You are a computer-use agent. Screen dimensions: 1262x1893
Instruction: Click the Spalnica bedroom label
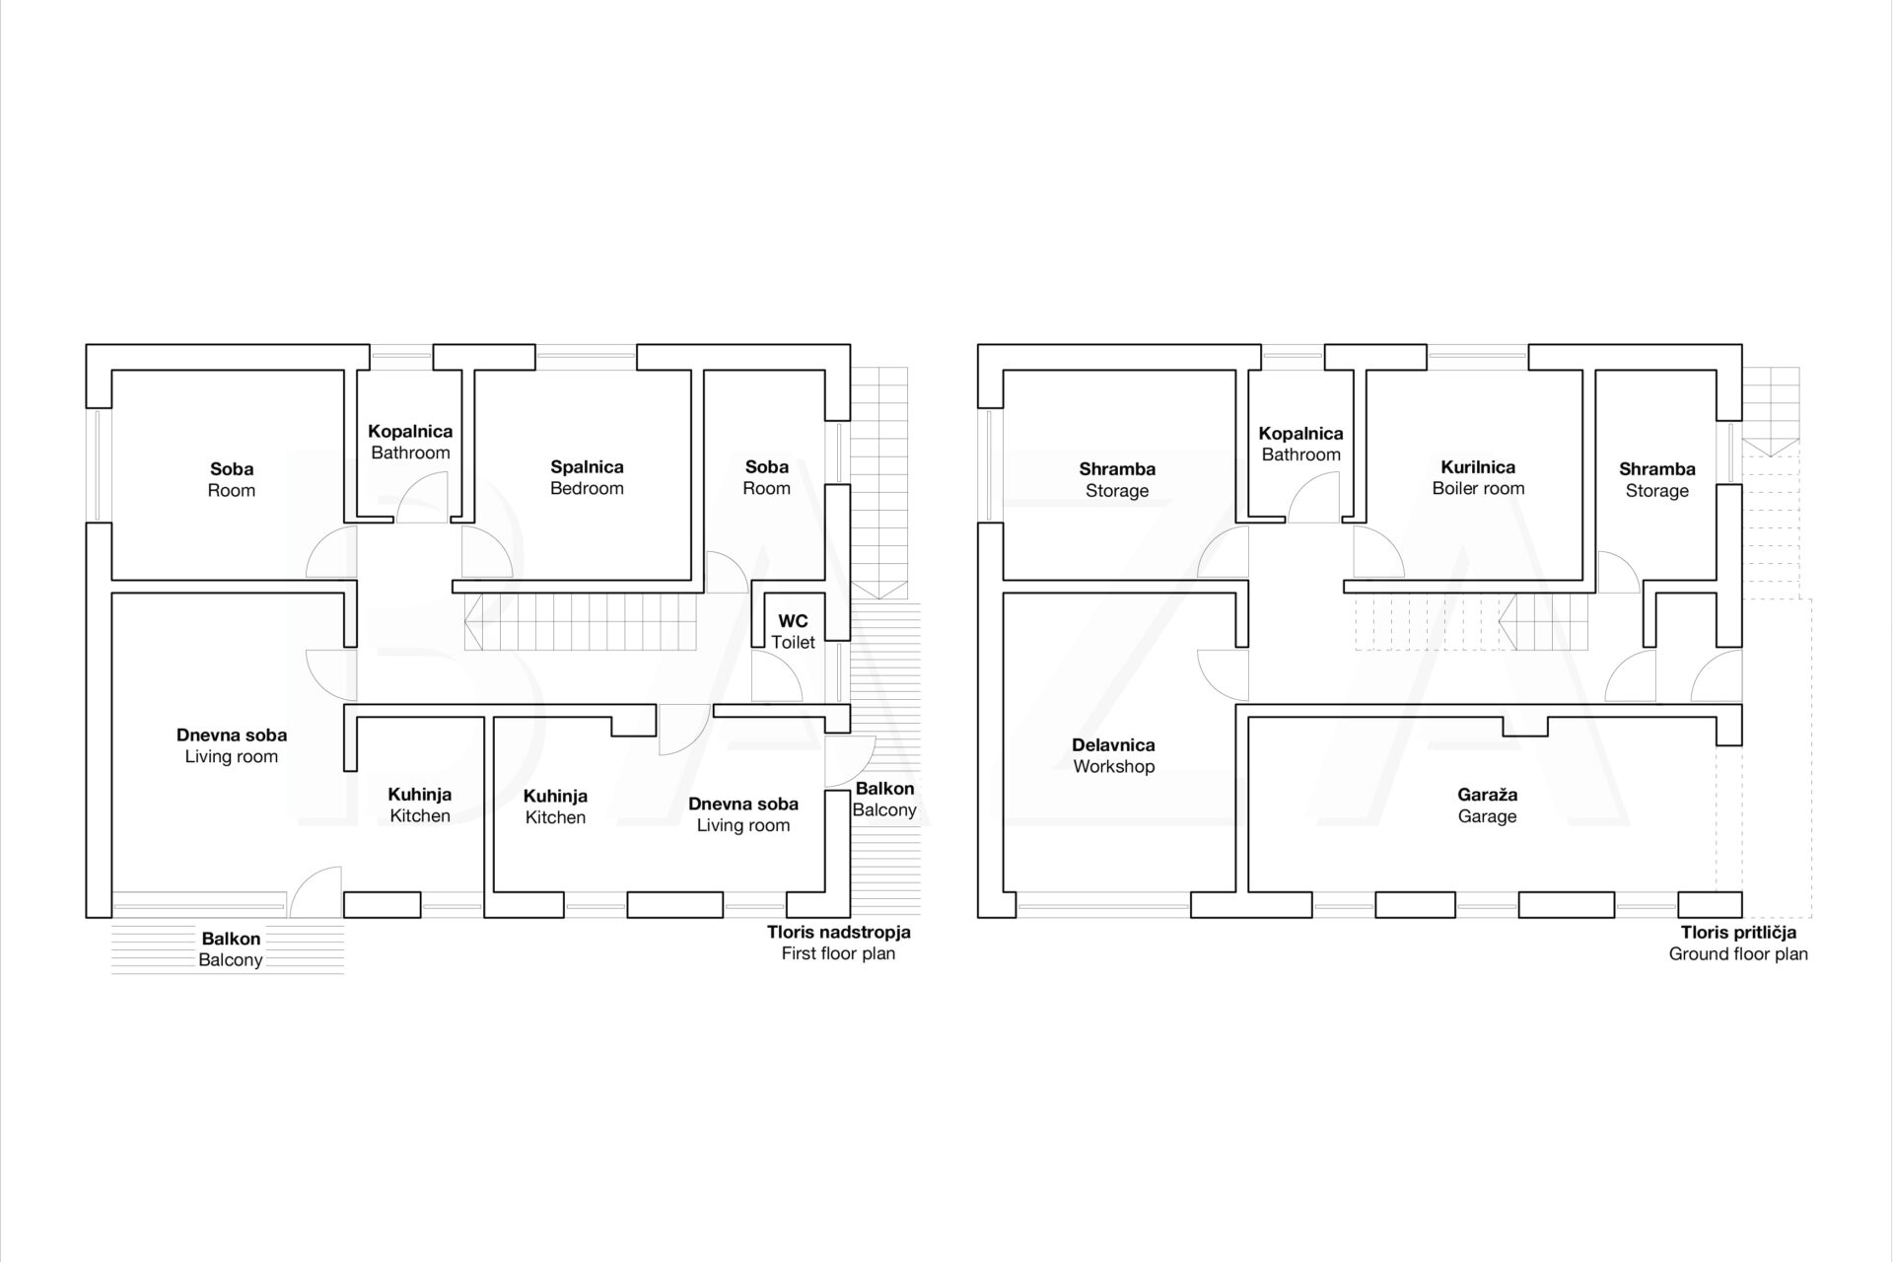[x=587, y=477]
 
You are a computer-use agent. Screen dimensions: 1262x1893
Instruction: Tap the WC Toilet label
[x=793, y=631]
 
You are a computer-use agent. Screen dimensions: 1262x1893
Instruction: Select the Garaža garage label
[x=1487, y=805]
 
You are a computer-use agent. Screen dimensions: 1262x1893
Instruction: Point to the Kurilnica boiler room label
[x=1478, y=477]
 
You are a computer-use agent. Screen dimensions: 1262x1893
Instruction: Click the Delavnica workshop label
[x=1113, y=755]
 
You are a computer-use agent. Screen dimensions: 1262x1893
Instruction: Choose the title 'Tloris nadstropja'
[x=838, y=932]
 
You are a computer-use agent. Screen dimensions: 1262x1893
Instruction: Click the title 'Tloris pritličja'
[x=1738, y=932]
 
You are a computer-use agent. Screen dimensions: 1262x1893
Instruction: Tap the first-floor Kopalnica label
[x=410, y=442]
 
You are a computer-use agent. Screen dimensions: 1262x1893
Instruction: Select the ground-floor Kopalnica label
[x=1300, y=444]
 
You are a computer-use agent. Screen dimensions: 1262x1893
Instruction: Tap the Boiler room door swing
[x=1376, y=554]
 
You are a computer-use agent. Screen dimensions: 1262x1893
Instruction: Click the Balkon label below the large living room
[x=231, y=949]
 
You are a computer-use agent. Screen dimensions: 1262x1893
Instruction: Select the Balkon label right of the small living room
[x=884, y=799]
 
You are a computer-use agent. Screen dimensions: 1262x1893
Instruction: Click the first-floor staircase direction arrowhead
[x=472, y=622]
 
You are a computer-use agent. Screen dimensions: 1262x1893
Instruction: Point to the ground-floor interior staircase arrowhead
[x=1506, y=622]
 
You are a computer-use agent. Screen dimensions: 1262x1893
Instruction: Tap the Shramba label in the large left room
[x=1117, y=479]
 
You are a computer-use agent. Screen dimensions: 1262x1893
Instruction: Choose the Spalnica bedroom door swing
[x=485, y=554]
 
